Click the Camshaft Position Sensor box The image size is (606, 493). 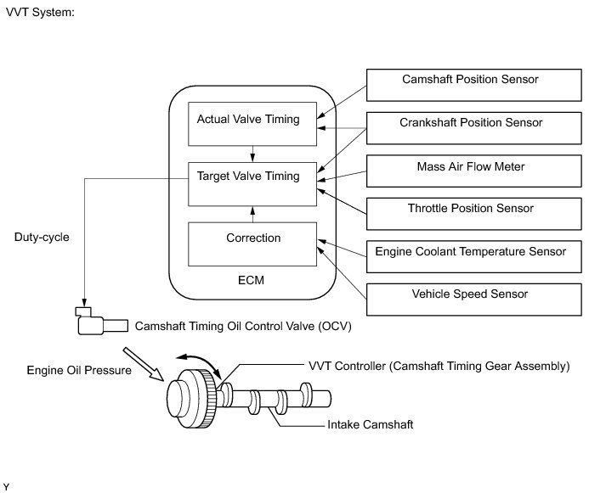click(x=473, y=85)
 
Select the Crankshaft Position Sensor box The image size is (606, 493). click(x=473, y=128)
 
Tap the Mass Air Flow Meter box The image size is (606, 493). click(x=473, y=171)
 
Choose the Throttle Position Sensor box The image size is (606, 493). click(x=473, y=214)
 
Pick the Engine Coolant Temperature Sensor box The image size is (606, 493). click(x=473, y=256)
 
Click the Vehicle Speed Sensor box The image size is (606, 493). click(x=473, y=300)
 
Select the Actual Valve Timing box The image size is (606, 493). click(x=252, y=124)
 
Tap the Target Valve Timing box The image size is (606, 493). click(x=252, y=184)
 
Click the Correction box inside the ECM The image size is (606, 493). click(x=252, y=244)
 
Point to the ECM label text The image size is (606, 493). click(x=252, y=280)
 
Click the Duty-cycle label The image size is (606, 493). click(x=42, y=237)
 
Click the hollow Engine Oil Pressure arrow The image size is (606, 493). click(x=144, y=364)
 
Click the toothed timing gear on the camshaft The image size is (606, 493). click(x=204, y=399)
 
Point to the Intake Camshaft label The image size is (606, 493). click(x=370, y=424)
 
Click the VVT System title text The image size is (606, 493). click(x=40, y=12)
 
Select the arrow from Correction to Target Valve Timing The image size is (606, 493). click(x=252, y=215)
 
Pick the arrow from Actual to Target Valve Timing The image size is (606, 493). click(x=252, y=154)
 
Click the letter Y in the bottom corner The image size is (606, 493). click(x=6, y=487)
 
